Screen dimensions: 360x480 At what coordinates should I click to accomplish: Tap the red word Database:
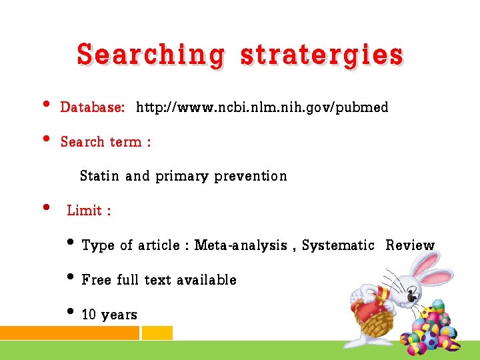point(92,107)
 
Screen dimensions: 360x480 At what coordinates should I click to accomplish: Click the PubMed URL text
point(262,107)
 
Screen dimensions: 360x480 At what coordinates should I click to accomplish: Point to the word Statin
point(99,176)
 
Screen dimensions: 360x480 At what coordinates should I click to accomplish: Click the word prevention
point(251,176)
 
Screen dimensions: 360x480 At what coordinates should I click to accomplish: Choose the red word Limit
point(84,211)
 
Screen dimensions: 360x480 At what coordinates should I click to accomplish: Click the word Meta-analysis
point(241,246)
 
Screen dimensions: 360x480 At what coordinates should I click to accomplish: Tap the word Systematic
point(338,246)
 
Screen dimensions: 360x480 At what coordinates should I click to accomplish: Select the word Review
point(409,246)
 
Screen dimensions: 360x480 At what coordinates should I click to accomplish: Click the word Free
point(96,280)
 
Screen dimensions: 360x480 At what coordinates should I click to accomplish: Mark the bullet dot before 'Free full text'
point(71,277)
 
